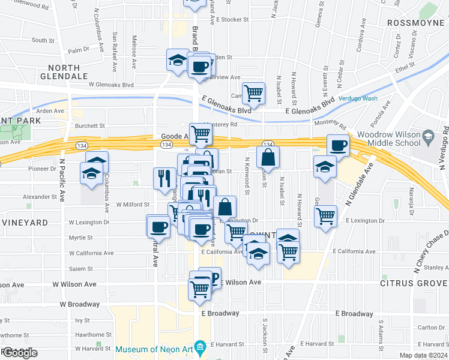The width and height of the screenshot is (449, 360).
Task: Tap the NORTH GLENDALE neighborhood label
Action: coord(64,72)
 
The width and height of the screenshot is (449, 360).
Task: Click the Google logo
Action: coord(20,353)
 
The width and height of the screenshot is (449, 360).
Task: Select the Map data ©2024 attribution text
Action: coord(424,356)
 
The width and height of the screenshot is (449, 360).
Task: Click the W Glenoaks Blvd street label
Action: coord(111,85)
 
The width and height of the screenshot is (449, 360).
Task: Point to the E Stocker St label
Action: coord(230,19)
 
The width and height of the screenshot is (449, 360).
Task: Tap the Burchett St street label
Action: coord(91,126)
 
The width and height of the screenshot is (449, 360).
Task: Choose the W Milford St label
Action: coord(132,205)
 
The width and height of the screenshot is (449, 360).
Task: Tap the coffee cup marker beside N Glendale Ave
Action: coord(339,145)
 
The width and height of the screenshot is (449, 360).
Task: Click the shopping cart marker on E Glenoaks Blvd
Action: coord(254,93)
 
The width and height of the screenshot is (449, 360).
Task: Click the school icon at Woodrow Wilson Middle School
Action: coord(427,137)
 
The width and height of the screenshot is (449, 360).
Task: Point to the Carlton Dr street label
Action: coord(431,328)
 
